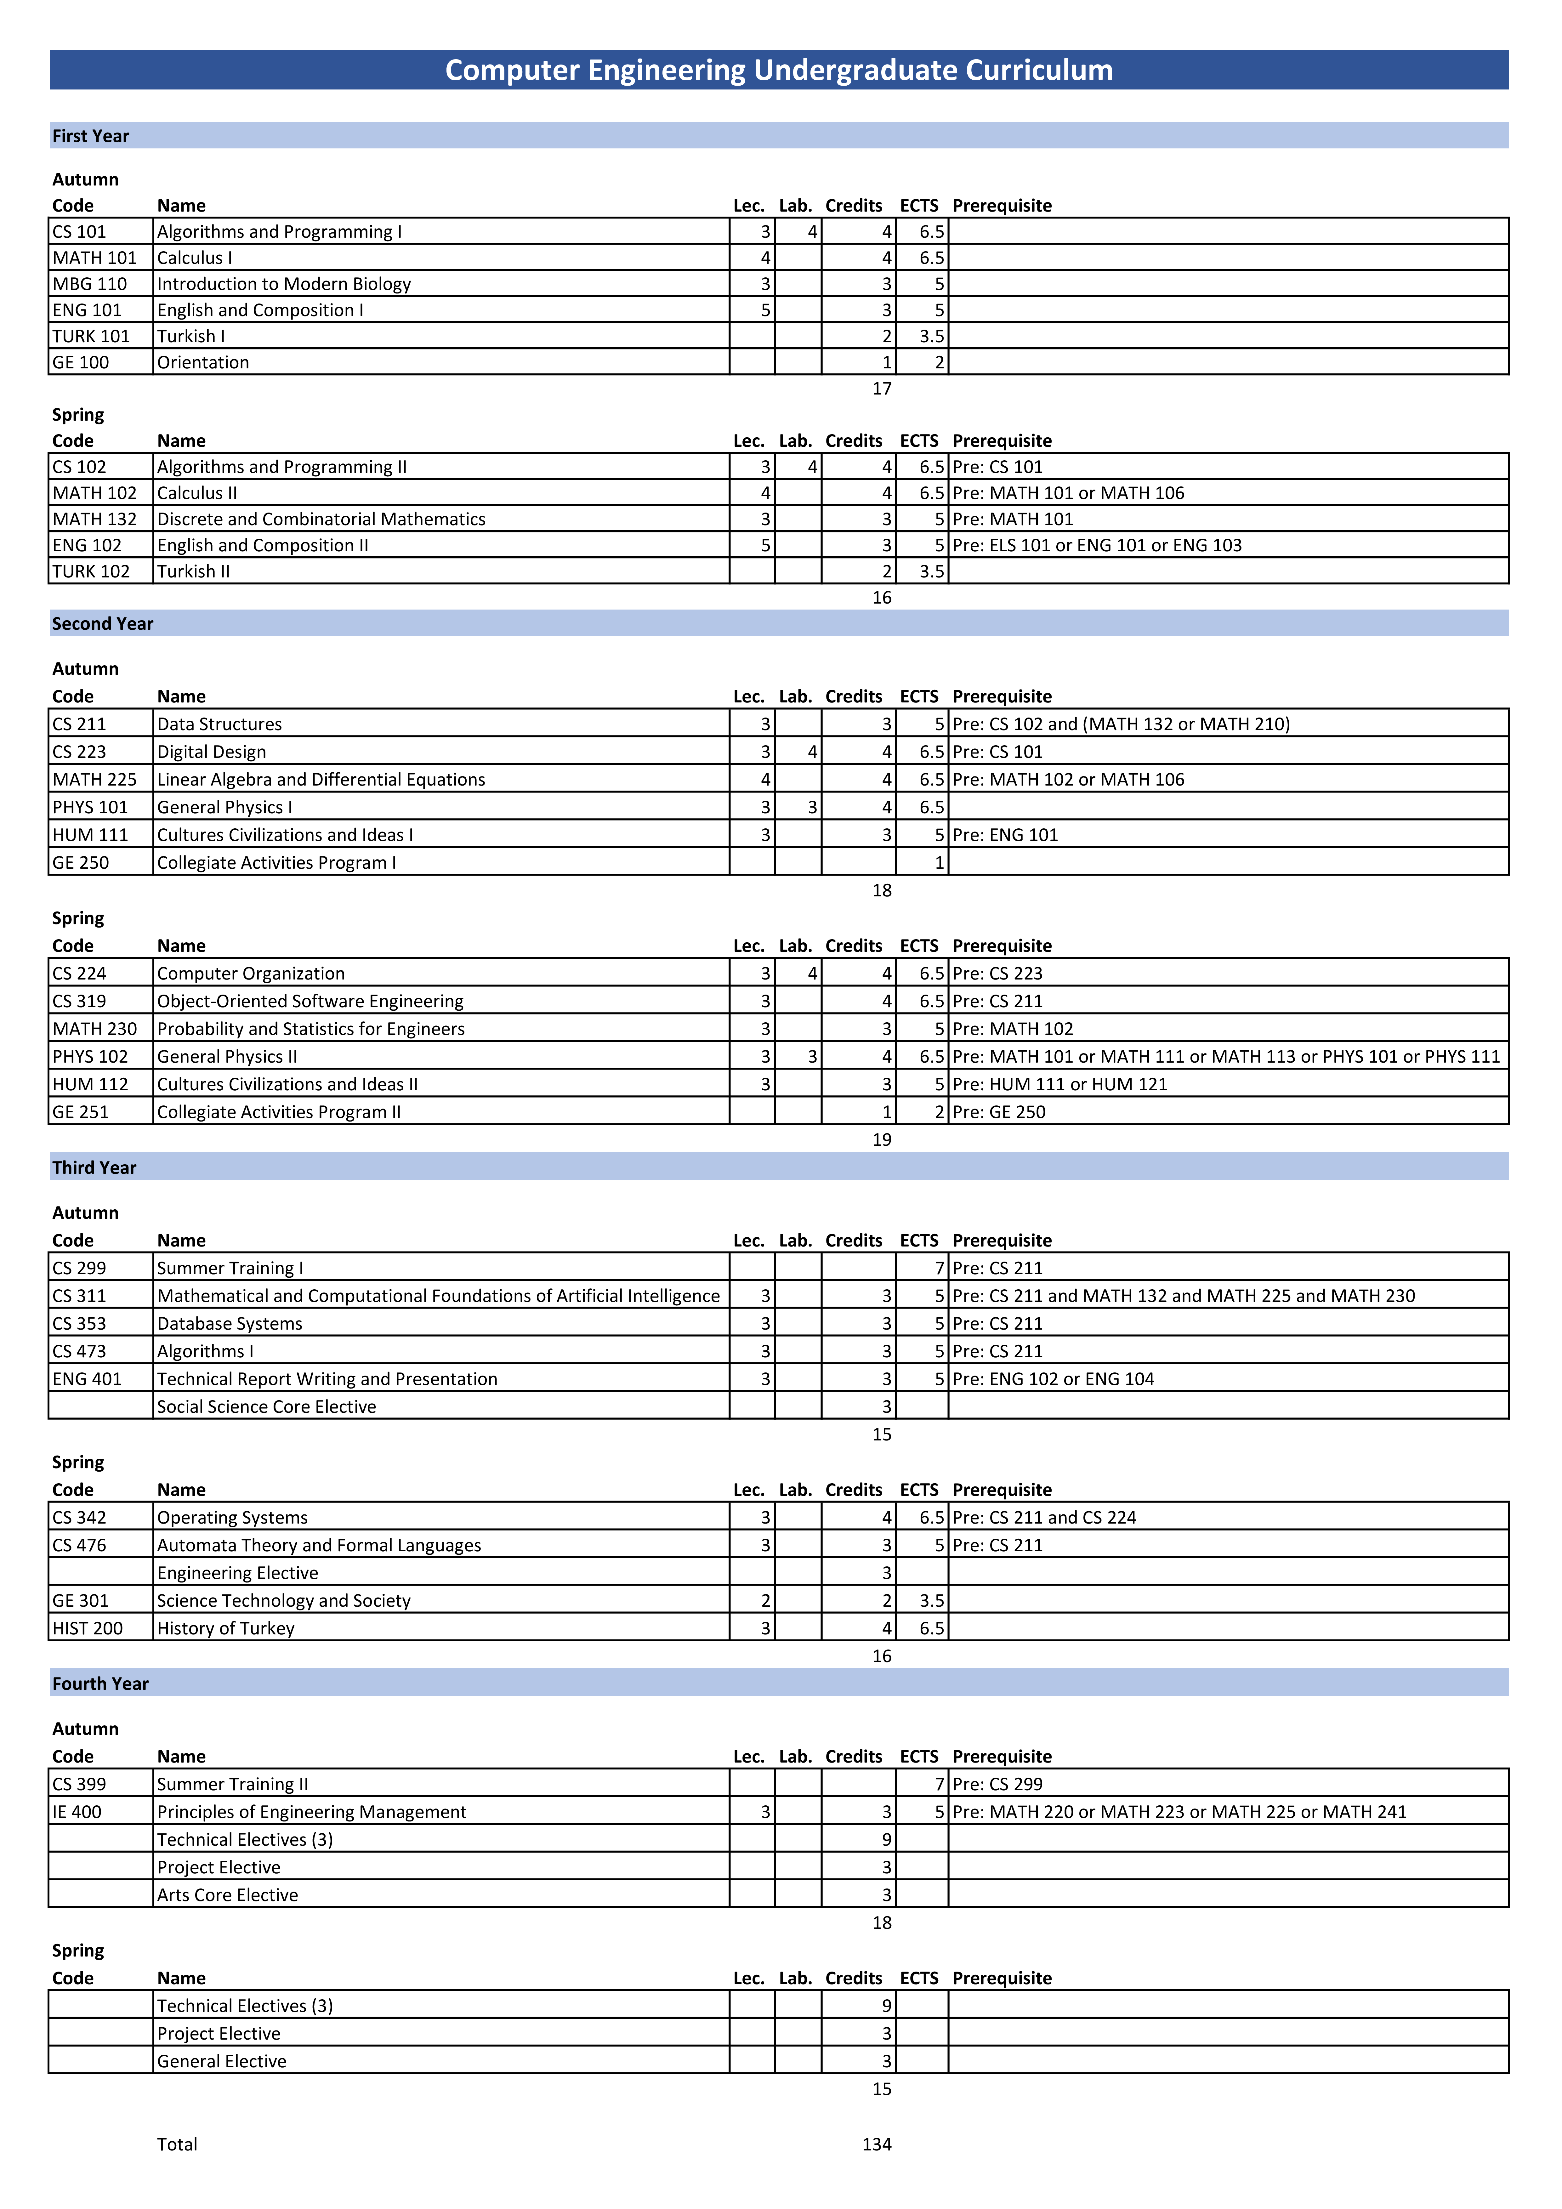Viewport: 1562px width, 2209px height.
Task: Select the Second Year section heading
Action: click(x=103, y=623)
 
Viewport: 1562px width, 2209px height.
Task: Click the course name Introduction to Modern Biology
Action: click(x=284, y=284)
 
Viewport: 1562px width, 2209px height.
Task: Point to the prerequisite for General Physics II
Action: click(x=1225, y=1056)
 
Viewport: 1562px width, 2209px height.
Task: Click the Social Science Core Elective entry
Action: click(x=267, y=1407)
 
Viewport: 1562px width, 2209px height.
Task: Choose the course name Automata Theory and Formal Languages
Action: click(x=319, y=1545)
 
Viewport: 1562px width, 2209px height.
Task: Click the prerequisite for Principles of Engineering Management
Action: click(x=1179, y=1812)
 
